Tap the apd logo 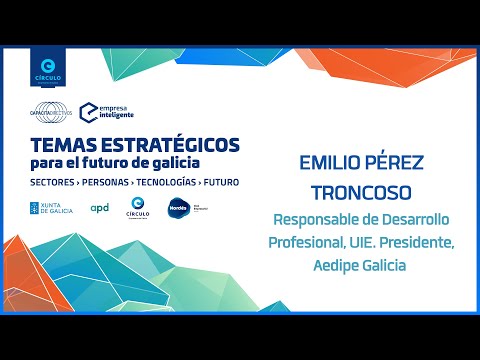[99, 208]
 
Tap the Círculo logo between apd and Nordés [139, 208]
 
